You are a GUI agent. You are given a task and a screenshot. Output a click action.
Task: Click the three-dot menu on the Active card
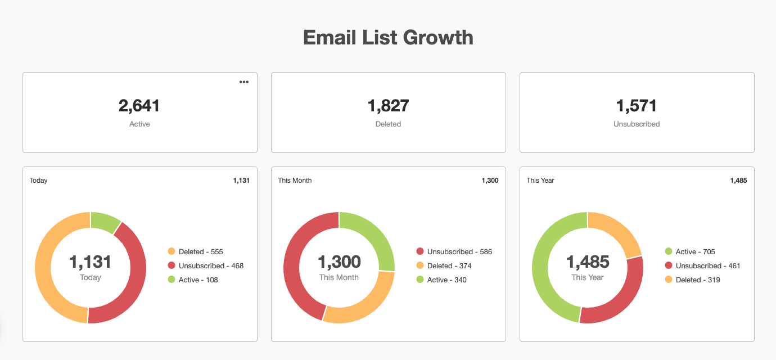(243, 82)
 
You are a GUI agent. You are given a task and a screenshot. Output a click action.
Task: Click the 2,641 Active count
(139, 106)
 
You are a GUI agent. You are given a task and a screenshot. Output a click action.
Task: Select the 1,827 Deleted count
(388, 106)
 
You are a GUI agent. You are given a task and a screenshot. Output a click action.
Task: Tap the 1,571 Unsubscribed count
(637, 106)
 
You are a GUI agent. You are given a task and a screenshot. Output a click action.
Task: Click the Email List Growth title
(388, 38)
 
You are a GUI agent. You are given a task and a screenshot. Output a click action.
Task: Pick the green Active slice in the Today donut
(105, 222)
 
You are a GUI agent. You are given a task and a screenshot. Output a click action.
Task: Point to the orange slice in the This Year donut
(618, 230)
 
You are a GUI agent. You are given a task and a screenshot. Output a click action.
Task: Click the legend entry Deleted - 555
(200, 252)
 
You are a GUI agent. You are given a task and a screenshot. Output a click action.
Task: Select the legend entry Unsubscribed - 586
(459, 252)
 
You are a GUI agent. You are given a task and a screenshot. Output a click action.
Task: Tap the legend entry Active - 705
(695, 252)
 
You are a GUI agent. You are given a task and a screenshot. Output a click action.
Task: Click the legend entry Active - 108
(198, 280)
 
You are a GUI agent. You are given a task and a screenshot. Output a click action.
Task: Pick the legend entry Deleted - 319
(697, 280)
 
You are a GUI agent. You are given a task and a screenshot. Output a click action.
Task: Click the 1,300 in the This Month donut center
(339, 262)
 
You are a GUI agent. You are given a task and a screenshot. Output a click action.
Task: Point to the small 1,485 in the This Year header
(738, 181)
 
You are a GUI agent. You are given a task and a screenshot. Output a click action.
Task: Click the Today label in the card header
(39, 181)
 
